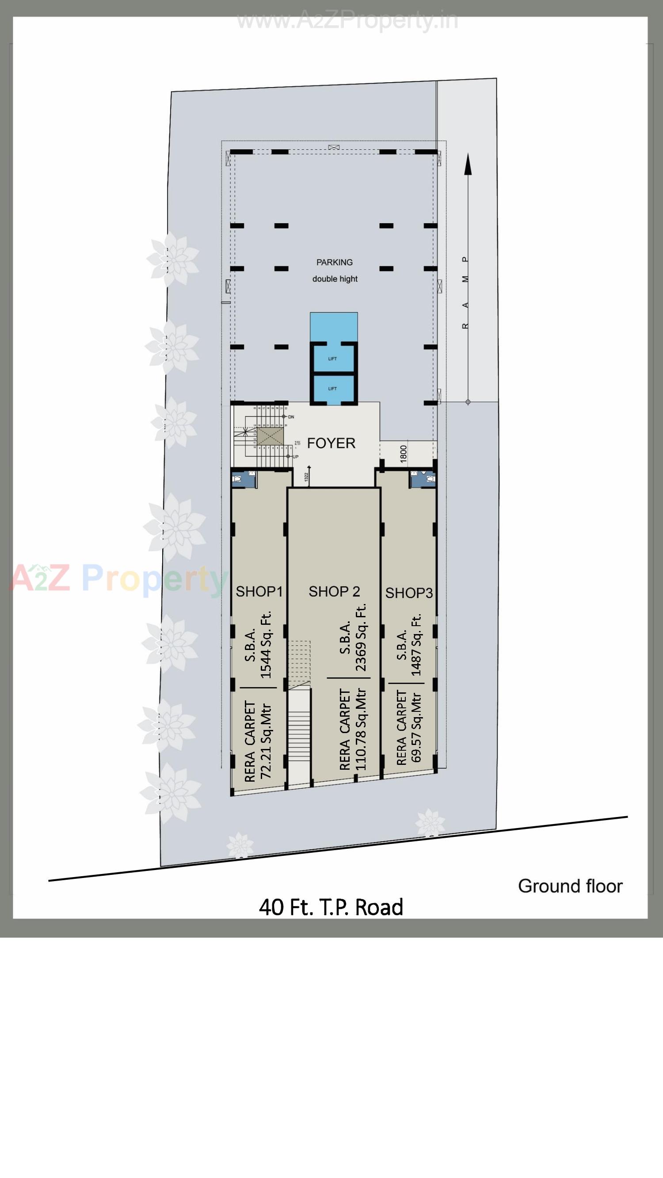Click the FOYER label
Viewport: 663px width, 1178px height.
point(331,443)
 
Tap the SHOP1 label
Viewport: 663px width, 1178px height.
point(259,591)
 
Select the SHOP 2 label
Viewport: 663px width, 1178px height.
point(334,591)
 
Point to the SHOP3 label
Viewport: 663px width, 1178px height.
point(408,593)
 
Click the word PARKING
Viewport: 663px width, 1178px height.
point(335,262)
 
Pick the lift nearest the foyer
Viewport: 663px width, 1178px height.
point(333,389)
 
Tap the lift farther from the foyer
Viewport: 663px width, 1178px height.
point(333,359)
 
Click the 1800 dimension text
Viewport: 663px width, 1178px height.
point(403,454)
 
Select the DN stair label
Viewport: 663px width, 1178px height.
point(291,417)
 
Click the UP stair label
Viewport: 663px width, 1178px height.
point(295,457)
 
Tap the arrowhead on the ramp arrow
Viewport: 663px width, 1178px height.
point(468,165)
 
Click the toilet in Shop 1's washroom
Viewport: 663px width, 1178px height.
point(237,479)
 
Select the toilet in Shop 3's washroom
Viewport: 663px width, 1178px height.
point(430,479)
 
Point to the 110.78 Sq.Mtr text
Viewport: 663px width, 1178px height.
point(361,729)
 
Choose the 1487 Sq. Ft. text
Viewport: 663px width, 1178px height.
point(416,645)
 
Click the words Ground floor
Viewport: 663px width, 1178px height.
point(570,886)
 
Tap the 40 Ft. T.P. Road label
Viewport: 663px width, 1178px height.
point(331,907)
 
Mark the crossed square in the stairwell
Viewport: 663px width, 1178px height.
point(267,436)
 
